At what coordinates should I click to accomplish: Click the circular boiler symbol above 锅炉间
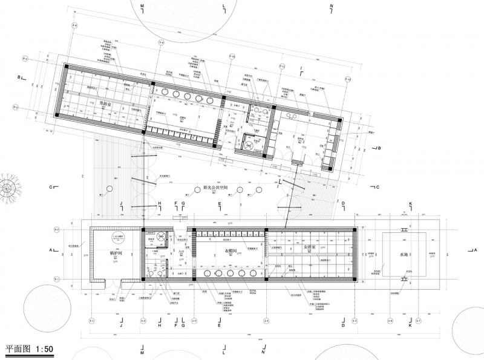pos(117,237)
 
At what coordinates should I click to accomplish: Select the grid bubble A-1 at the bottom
pos(92,320)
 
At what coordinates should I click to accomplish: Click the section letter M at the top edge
pos(143,5)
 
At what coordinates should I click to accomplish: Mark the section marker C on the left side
pos(52,187)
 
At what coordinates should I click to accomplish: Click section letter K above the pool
pos(410,204)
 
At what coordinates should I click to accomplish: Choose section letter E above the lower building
pos(220,204)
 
